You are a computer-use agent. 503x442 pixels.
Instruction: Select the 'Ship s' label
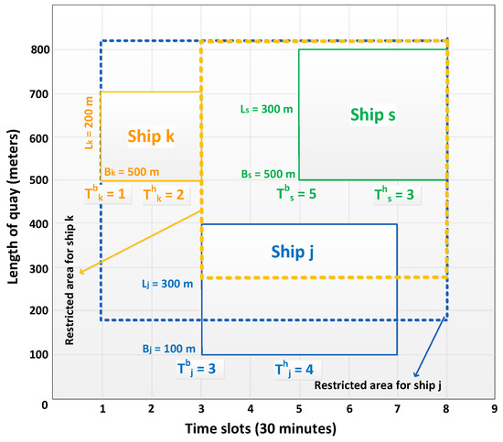tap(372, 114)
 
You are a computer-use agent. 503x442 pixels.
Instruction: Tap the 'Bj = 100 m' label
tap(168, 349)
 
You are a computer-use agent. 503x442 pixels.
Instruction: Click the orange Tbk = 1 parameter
tap(104, 193)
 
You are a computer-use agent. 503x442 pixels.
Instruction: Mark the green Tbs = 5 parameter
tap(296, 193)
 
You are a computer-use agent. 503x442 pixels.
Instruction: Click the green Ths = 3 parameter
tap(395, 193)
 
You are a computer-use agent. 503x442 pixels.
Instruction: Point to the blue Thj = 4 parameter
tap(294, 370)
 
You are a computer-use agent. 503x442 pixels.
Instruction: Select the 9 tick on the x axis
tap(494, 410)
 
